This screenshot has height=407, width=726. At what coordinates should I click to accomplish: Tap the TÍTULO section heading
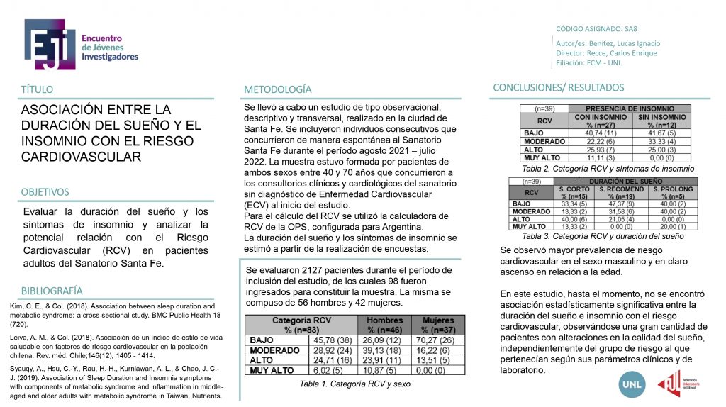37,89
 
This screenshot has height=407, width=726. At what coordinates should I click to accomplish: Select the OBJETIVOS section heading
45,192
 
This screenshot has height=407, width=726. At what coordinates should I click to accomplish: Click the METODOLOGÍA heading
277,89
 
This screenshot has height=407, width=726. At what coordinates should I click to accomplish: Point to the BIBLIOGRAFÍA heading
51,291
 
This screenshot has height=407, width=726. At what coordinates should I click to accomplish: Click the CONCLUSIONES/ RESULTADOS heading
558,88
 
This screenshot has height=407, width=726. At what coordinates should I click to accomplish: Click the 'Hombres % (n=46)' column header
384,325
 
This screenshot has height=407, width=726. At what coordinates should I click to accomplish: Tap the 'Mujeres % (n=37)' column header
437,325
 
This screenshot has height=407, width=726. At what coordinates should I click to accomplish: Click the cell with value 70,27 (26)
437,340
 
